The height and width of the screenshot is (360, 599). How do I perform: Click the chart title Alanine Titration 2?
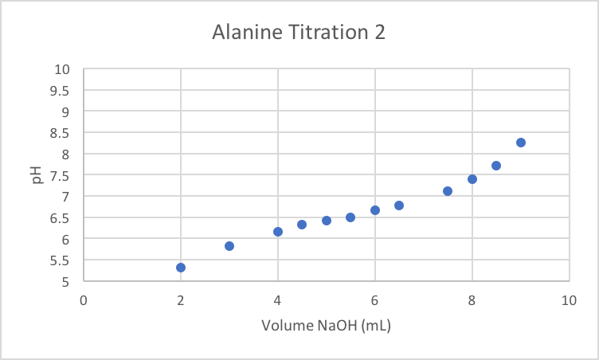point(299,33)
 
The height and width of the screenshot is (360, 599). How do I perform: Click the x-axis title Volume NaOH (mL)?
point(326,325)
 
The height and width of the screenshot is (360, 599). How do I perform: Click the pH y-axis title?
point(36,175)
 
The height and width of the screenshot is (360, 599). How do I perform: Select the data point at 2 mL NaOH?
point(181,268)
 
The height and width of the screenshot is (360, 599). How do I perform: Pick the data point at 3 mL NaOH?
point(229,246)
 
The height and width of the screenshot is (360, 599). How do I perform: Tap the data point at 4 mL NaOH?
point(278,232)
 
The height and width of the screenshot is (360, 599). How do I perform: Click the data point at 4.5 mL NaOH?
point(302,225)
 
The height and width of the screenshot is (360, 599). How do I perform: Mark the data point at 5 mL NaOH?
point(327,221)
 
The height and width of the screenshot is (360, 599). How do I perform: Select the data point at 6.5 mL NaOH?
point(399,205)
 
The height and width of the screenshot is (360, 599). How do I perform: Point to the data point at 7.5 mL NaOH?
point(448,191)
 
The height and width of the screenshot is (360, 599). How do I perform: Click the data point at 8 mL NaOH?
point(472,179)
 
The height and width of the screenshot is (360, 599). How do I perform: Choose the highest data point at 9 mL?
point(521,143)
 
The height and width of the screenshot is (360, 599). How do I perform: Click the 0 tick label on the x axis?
point(84,300)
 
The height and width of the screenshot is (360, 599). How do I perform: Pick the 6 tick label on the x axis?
point(375,300)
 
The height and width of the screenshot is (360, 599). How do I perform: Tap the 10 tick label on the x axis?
point(569,300)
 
